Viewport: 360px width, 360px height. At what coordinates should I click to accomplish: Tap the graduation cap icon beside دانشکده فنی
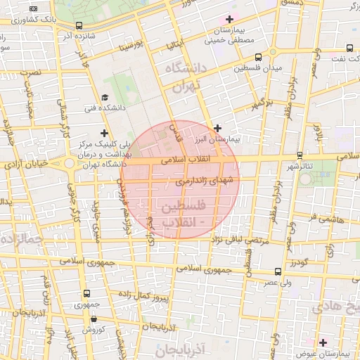coord(105,98)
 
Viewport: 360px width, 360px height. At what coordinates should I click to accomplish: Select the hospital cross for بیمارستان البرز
coord(218,128)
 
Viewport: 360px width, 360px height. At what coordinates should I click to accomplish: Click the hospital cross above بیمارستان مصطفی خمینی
coord(229,19)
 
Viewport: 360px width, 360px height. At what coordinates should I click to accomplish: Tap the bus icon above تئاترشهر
coord(300,154)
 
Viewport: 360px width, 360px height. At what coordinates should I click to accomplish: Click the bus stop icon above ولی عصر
coord(278,271)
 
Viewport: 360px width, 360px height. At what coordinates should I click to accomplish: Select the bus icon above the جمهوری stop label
coord(86,293)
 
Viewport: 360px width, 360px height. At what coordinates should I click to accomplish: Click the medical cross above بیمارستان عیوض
coord(323,343)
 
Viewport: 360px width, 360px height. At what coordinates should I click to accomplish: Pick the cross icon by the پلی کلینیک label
coord(105,133)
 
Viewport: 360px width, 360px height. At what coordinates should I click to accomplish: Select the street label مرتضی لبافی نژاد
coord(236,240)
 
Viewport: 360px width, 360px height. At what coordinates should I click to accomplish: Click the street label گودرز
coord(298,262)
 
